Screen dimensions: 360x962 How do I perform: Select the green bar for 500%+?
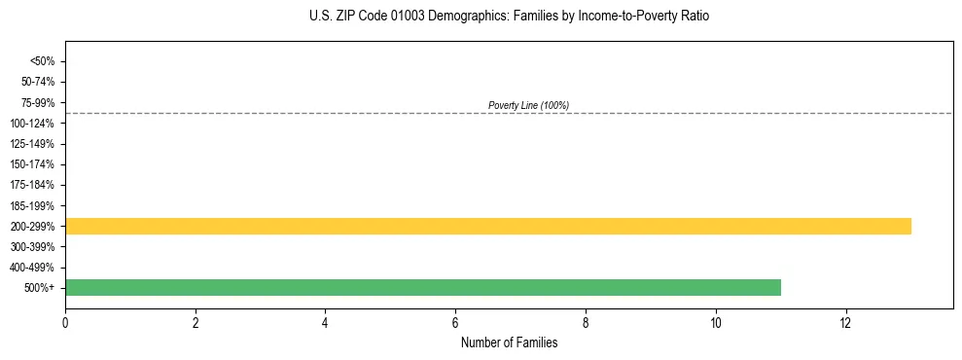[423, 288]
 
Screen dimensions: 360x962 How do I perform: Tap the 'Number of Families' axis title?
[510, 343]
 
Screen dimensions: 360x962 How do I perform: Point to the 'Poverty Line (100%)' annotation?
[528, 105]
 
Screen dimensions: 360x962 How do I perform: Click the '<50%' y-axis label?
[43, 61]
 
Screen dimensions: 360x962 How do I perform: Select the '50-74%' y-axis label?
[39, 82]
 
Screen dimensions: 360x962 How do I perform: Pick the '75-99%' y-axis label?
[39, 103]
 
